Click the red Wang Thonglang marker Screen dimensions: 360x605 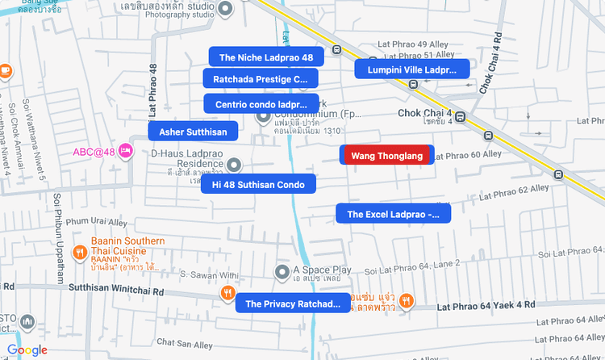(387, 156)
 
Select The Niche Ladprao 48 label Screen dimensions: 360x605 (266, 57)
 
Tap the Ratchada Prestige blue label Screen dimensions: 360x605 (261, 79)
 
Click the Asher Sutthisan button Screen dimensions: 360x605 (193, 132)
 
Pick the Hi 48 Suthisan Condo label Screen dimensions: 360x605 (258, 185)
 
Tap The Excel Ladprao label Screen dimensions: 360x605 (393, 214)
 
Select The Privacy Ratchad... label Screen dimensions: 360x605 (293, 304)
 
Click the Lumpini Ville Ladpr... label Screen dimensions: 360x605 (412, 70)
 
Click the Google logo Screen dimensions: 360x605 (27, 350)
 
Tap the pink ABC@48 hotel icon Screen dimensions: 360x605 (125, 151)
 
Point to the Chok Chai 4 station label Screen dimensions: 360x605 (424, 114)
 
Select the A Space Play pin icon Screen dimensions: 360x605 (282, 270)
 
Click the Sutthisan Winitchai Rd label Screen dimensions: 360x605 (117, 287)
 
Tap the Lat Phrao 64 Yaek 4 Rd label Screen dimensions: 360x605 (486, 306)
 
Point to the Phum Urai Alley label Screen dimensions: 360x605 (97, 221)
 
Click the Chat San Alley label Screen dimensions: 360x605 (185, 344)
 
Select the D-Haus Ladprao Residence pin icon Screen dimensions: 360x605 (234, 165)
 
